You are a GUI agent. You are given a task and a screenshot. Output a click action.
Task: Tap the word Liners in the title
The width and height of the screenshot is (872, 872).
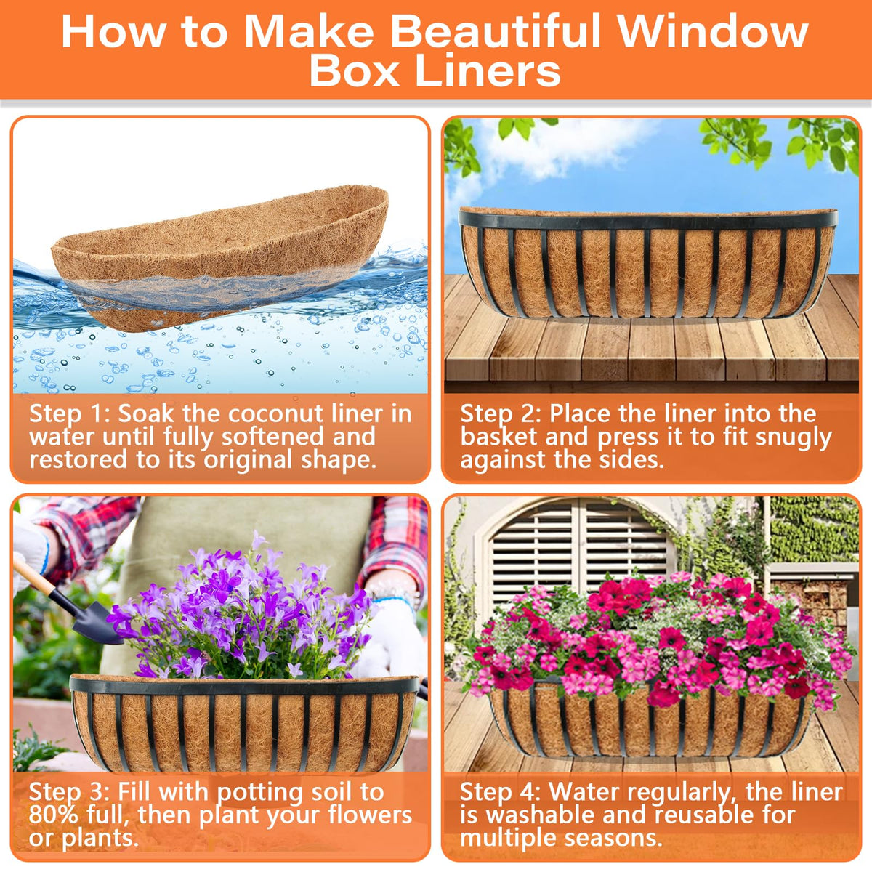pyautogui.click(x=488, y=71)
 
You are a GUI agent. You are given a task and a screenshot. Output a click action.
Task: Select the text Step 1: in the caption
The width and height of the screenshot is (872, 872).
pyautogui.click(x=69, y=414)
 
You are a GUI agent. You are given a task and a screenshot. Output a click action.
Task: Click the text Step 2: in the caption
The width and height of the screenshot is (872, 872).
pyautogui.click(x=501, y=414)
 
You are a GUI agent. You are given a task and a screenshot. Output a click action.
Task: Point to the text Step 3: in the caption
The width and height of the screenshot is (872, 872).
pyautogui.click(x=69, y=792)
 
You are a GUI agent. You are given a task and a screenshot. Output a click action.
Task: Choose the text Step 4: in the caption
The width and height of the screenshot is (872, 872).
pyautogui.click(x=501, y=792)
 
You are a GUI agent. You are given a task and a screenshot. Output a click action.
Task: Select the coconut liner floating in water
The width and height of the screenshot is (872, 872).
pyautogui.click(x=220, y=256)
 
